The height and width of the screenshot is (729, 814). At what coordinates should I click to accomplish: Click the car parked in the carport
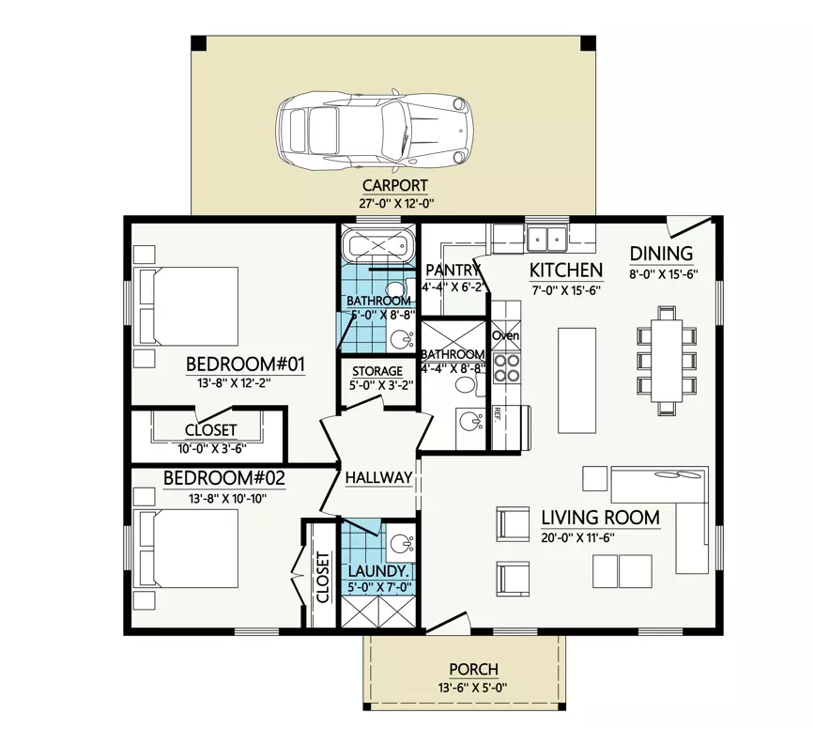pos(376,130)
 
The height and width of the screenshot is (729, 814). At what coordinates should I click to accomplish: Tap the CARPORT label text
pos(394,185)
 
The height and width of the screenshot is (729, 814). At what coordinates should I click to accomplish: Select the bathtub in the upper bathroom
pos(376,246)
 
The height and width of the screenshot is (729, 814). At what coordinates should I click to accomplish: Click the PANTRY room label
pos(453,271)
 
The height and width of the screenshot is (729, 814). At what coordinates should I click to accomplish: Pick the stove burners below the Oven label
pos(506,367)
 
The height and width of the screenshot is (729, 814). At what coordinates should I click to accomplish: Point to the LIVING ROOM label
pos(600,518)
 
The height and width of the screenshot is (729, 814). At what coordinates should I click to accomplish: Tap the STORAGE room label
pos(376,371)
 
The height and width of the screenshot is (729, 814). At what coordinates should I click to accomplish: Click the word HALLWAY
pos(378,478)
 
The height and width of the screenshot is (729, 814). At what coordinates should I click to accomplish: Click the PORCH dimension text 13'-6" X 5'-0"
pos(473,687)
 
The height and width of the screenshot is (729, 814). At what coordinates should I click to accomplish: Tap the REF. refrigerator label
pos(498,414)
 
